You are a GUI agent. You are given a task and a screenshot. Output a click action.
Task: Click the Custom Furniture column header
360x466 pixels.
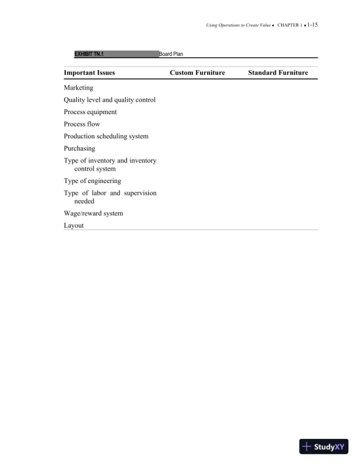click(198, 73)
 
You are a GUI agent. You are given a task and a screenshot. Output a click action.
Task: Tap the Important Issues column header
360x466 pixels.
click(89, 73)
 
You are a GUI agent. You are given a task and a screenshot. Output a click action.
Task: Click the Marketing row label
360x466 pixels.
click(78, 88)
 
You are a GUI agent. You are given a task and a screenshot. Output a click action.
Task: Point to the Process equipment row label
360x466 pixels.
click(90, 112)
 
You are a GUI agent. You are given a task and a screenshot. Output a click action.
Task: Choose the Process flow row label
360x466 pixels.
click(82, 124)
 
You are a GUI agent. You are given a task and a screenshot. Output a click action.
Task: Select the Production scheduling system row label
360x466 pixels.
click(106, 137)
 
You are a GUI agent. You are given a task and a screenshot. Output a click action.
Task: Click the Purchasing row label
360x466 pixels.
click(79, 149)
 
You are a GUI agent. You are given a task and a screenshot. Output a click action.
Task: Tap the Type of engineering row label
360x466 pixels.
click(92, 181)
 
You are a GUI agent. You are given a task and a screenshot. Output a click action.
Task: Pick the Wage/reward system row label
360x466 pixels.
click(94, 214)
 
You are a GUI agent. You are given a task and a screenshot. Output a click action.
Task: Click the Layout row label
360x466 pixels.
click(74, 225)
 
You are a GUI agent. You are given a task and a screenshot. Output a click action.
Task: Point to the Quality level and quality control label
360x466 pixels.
click(109, 100)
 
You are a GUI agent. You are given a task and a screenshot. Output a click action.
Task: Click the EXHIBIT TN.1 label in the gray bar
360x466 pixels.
click(89, 54)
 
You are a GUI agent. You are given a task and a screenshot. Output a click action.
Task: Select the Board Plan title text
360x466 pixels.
click(172, 54)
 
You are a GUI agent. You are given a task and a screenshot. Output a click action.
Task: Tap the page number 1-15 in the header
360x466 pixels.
click(312, 26)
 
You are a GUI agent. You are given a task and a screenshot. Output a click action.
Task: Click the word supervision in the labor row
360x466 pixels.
click(138, 193)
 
